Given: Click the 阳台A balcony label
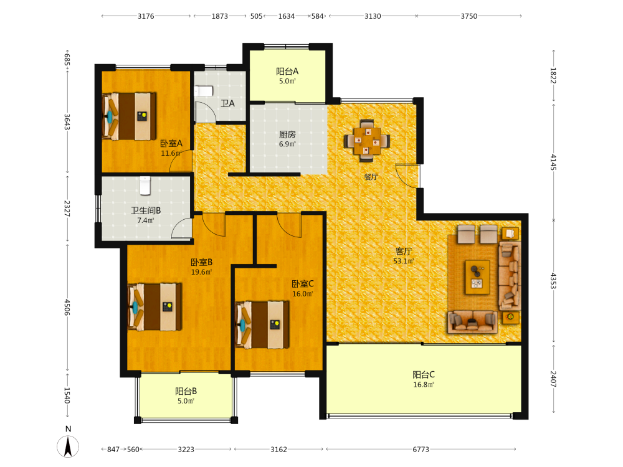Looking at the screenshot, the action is tap(287, 72).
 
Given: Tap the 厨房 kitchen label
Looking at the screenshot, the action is tap(287, 134).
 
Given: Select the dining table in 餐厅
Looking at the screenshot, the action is tap(367, 141).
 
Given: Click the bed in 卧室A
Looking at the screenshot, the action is tap(129, 116).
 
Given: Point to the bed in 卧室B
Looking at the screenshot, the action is tap(155, 306).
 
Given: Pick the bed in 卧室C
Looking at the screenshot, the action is tap(262, 325).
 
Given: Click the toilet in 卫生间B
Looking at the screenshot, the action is tap(145, 186).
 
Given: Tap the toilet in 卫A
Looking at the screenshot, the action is tap(204, 91).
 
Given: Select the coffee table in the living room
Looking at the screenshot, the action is tap(477, 277).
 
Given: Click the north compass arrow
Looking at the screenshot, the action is tap(68, 446).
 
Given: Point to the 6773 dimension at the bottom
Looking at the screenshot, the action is tap(421, 449).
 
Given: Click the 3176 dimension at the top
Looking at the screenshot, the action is tap(146, 16).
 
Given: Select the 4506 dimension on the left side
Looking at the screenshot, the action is tap(67, 308).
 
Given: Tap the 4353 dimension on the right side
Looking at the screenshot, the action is tap(553, 280).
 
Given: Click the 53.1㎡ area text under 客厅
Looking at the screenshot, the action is tap(404, 261).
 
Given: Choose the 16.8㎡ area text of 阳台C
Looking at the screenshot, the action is tap(424, 384).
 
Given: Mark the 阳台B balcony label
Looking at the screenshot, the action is tap(186, 391).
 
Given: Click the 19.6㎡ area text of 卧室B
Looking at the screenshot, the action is tap(201, 272).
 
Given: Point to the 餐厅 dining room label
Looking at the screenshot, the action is tap(371, 177).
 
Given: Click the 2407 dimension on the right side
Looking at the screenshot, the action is tap(553, 379).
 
